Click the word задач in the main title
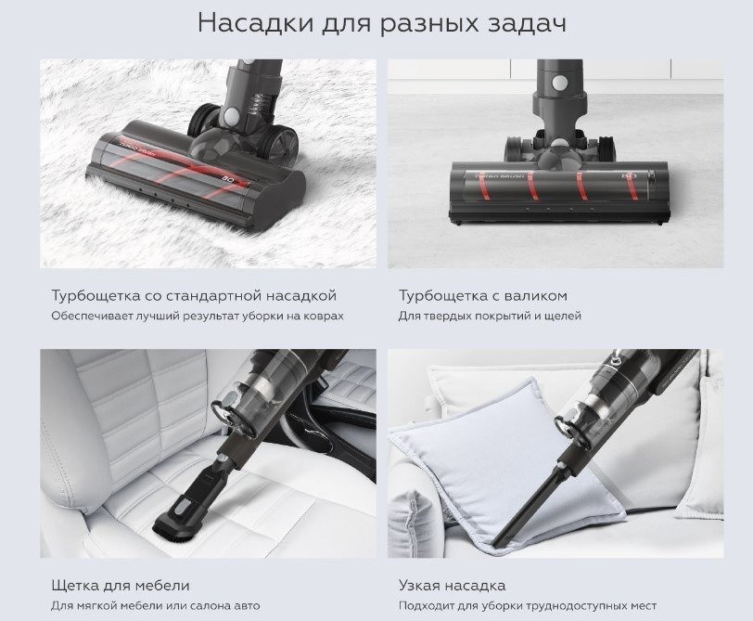[x=516, y=23]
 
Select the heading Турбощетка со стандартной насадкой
[x=194, y=295]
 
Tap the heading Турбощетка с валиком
[x=482, y=295]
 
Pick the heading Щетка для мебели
[x=121, y=585]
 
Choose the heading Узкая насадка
[x=452, y=585]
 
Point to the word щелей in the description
[x=564, y=316]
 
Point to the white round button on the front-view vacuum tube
[x=559, y=83]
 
